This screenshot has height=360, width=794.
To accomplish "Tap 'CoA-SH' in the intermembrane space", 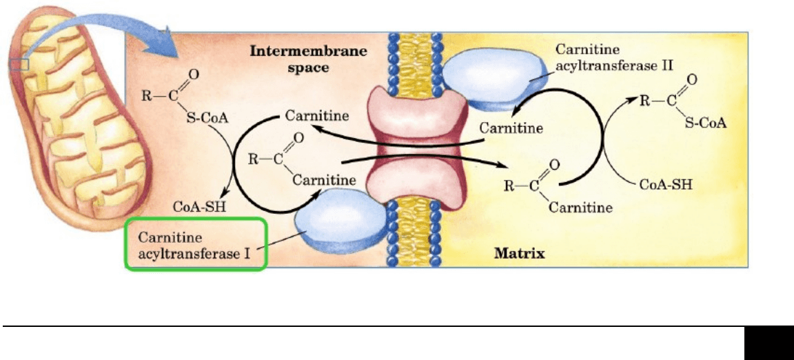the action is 200,207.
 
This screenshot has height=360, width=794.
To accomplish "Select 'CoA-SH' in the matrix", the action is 665,183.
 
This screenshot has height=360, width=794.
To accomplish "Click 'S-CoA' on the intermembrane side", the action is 207,119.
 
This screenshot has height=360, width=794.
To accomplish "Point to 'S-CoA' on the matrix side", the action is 706,123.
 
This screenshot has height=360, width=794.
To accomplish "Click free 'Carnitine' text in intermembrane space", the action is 317,116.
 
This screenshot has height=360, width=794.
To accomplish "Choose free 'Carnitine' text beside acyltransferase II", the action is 511,128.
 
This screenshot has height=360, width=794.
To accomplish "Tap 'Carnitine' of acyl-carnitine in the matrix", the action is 581,207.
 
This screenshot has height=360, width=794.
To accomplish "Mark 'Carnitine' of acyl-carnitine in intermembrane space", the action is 325,179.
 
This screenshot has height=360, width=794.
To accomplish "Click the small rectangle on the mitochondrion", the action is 19,64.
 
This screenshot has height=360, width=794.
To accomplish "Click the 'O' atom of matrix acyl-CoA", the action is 693,79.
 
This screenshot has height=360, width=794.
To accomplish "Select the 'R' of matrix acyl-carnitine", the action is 509,186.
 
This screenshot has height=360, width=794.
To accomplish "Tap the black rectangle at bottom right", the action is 768,343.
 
